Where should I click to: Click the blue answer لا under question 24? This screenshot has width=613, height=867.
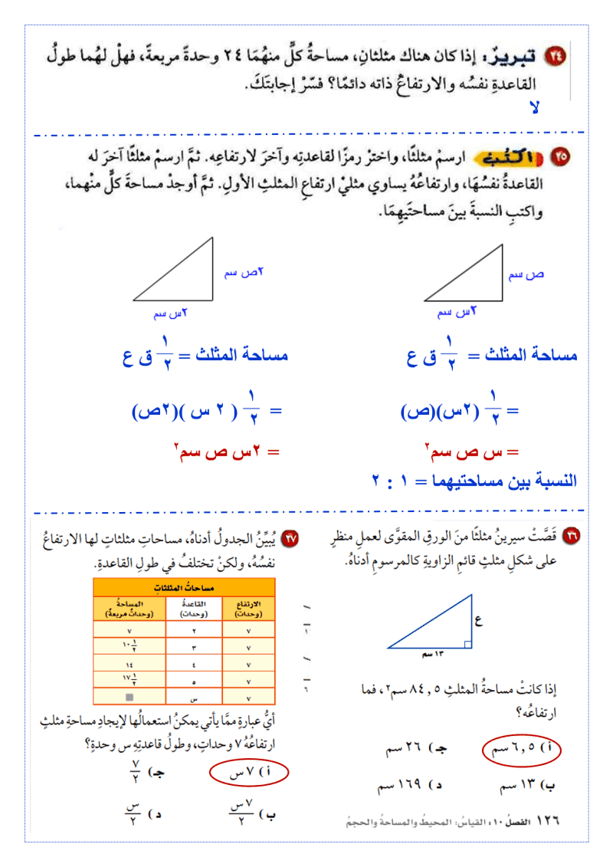(x=536, y=107)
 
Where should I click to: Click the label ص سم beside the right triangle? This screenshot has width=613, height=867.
(x=526, y=274)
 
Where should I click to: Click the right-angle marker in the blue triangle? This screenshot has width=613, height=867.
(x=467, y=644)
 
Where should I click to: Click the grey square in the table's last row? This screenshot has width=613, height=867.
(x=129, y=697)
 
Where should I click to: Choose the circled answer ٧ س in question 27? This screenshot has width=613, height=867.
(x=248, y=773)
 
